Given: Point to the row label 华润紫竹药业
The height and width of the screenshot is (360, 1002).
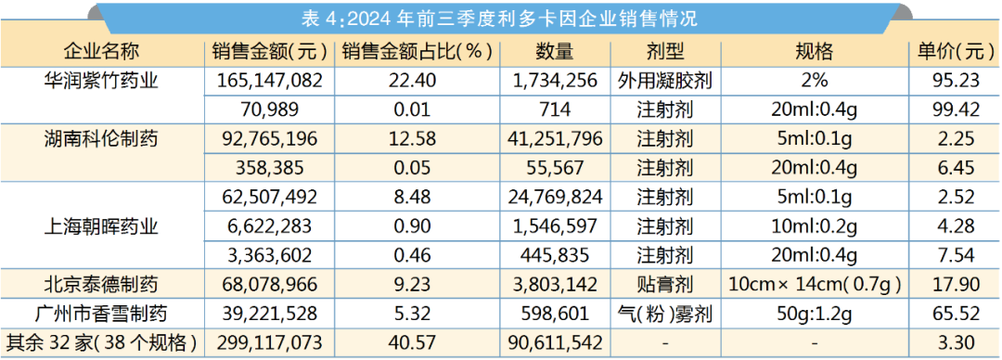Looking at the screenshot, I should tap(101, 81).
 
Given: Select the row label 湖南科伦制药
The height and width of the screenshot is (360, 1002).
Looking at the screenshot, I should tap(101, 139).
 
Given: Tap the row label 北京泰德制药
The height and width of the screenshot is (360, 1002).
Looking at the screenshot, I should tap(101, 284).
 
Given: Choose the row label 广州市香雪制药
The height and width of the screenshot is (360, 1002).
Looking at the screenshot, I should tap(101, 313).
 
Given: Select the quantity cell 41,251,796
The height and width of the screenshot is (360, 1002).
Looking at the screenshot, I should tap(556, 139).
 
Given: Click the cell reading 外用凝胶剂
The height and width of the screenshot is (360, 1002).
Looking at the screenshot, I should tap(664, 81).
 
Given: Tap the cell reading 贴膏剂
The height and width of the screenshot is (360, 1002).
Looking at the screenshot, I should tap(664, 284).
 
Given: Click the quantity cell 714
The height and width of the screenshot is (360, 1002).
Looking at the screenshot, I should tap(556, 109).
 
